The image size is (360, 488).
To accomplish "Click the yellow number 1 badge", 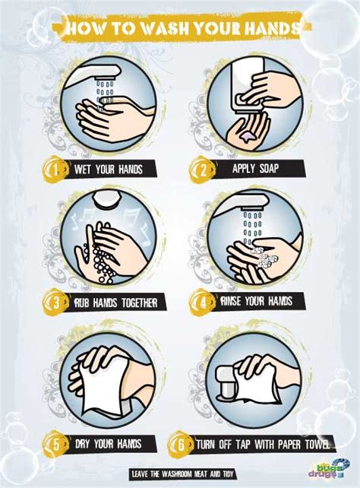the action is click(55, 170).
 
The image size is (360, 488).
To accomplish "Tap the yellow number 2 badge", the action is click(201, 170).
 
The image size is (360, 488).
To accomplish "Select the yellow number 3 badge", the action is click(55, 303).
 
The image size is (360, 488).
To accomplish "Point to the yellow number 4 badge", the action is click(203, 302).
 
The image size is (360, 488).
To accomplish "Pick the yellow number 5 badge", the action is click(56, 444).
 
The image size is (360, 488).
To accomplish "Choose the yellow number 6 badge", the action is click(181, 445).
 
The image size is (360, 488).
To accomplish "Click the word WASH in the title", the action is click(164, 29).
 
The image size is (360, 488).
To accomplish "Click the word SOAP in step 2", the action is click(268, 169).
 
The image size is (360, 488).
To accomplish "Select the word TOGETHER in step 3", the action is click(139, 303).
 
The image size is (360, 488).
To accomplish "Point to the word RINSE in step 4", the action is click(230, 301).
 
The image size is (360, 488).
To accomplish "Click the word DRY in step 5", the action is click(83, 444).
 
